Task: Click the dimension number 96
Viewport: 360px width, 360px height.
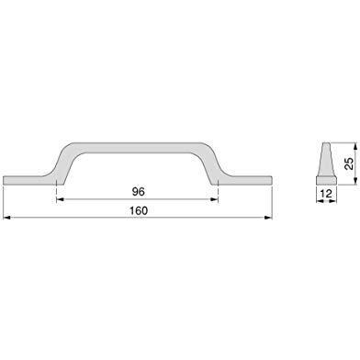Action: tap(138, 192)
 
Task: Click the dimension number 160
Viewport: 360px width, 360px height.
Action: tap(139, 210)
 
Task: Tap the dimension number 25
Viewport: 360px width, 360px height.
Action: tap(349, 163)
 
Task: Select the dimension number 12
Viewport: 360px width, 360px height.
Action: tap(326, 194)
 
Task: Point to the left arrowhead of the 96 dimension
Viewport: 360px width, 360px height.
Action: tap(60, 199)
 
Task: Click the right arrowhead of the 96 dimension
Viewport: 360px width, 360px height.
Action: tap(214, 199)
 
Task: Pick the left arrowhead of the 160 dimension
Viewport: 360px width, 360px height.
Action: tap(6, 218)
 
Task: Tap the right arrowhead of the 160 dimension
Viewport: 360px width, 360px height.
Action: tap(268, 218)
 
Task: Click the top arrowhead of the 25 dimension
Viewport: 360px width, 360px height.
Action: tap(355, 146)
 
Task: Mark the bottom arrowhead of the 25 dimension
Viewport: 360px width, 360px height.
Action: tap(355, 181)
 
